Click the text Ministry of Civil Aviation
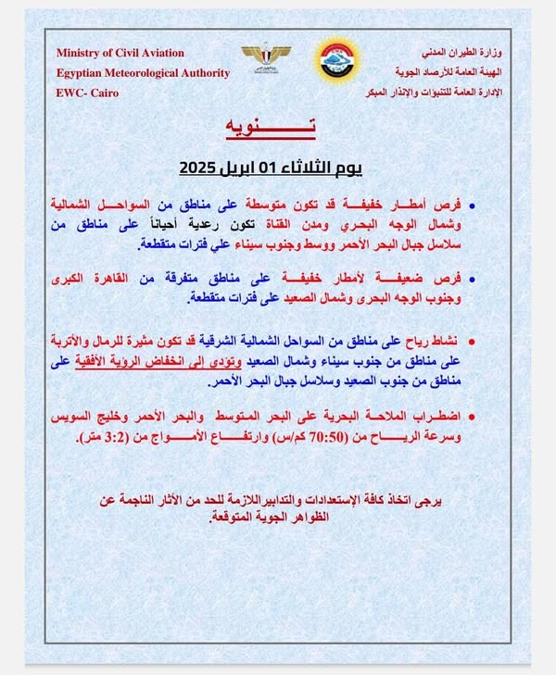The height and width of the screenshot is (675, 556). coord(120,53)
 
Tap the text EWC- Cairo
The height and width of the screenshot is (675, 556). coord(87,93)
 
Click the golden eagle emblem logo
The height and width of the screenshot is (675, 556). coord(266,56)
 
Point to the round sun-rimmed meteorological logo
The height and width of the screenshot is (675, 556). coord(335,62)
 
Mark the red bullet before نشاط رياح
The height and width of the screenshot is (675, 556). coord(472,343)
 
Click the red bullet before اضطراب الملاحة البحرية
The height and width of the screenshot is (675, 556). coord(472,417)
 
